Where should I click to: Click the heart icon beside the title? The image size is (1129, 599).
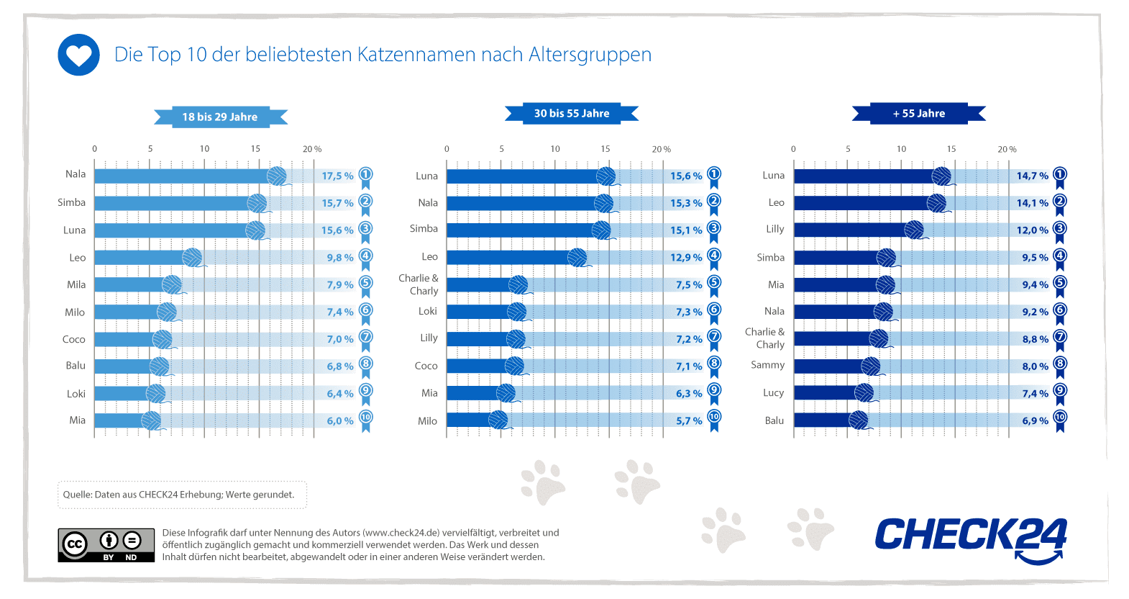pyautogui.click(x=78, y=55)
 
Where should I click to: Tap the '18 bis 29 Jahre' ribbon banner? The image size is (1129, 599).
pyautogui.click(x=220, y=117)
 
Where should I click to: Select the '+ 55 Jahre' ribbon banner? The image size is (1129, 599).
pyautogui.click(x=918, y=114)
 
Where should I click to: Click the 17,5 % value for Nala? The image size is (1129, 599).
pyautogui.click(x=337, y=176)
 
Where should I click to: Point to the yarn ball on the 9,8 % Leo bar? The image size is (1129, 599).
pyautogui.click(x=192, y=257)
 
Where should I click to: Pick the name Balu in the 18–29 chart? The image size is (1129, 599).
pyautogui.click(x=76, y=366)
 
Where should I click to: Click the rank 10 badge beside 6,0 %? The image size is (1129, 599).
pyautogui.click(x=366, y=418)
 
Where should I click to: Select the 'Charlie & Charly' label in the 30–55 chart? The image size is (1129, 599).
pyautogui.click(x=419, y=284)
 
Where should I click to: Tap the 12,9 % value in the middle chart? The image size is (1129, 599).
pyautogui.click(x=686, y=258)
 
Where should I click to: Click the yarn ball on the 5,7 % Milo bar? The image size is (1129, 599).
pyautogui.click(x=498, y=420)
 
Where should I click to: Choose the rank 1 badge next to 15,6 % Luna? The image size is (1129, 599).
pyautogui.click(x=714, y=175)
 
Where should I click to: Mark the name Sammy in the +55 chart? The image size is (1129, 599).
pyautogui.click(x=768, y=365)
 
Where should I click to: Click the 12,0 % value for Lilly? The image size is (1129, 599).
pyautogui.click(x=1032, y=230)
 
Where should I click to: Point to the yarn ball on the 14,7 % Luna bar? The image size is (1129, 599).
pyautogui.click(x=941, y=176)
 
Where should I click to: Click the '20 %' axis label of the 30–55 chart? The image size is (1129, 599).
pyautogui.click(x=662, y=149)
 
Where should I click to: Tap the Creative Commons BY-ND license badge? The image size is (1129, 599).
pyautogui.click(x=106, y=545)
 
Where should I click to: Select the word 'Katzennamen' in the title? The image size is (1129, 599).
pyautogui.click(x=416, y=55)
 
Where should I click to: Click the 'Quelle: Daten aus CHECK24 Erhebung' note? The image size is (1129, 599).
pyautogui.click(x=178, y=495)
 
